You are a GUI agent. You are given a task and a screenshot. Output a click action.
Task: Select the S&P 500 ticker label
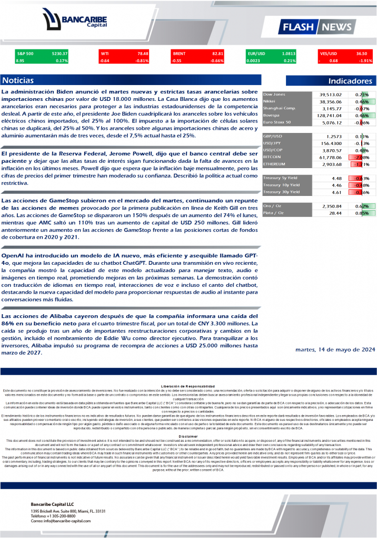click(25, 54)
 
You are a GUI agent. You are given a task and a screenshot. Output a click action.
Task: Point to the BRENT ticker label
click(180, 54)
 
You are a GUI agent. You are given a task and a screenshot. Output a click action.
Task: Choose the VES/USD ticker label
click(329, 54)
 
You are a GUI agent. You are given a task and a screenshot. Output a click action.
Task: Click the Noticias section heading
click(18, 81)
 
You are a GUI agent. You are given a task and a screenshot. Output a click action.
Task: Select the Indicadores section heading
click(350, 81)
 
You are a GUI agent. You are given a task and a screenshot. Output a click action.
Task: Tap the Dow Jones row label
click(274, 95)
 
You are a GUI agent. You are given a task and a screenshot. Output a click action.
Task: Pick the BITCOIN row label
click(272, 157)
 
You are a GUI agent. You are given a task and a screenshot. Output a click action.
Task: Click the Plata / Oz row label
click(275, 213)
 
